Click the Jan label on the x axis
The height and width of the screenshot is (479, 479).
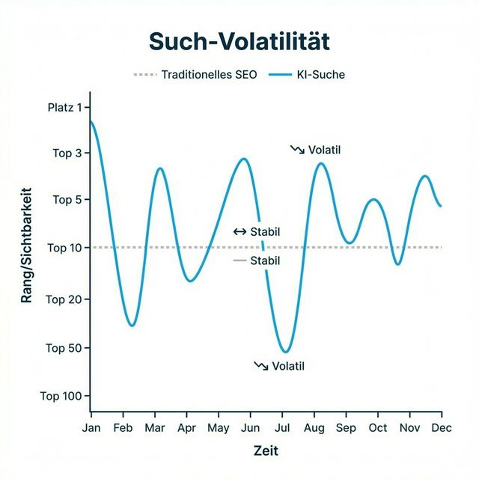click(91, 428)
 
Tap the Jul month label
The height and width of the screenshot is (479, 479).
click(282, 428)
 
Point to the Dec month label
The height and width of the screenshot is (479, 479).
click(442, 428)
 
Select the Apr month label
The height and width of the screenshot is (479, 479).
click(186, 428)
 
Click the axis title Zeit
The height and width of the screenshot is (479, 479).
click(266, 451)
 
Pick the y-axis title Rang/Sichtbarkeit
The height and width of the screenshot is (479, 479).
click(28, 245)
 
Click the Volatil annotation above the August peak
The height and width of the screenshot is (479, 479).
click(323, 150)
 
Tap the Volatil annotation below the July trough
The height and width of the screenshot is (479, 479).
click(288, 366)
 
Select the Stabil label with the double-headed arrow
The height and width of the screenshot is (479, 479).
click(264, 231)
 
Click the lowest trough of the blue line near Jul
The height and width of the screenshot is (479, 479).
click(284, 352)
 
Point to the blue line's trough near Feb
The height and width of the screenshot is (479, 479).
click(132, 326)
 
